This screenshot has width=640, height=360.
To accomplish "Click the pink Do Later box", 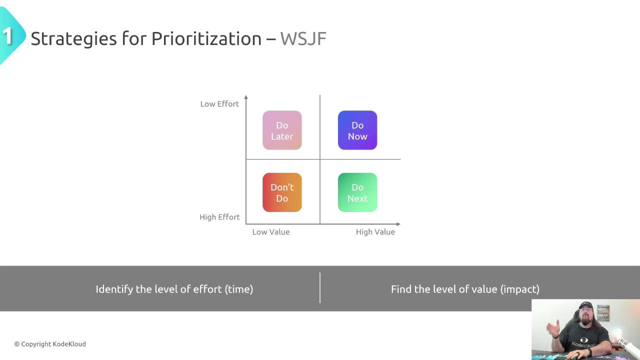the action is click(282, 130).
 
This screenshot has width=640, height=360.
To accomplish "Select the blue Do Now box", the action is click(357, 130).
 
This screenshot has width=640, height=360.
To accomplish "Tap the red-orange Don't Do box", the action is click(282, 192).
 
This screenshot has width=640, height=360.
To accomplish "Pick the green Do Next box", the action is click(357, 192).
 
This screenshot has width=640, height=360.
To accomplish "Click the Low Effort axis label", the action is click(219, 104).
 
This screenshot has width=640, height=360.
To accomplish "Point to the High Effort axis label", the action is click(219, 217).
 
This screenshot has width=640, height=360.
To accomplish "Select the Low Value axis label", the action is click(271, 232).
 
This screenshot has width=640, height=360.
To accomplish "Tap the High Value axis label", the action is click(375, 232).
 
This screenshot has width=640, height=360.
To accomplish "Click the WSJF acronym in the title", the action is click(303, 39).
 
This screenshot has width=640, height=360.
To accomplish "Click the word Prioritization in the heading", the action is click(206, 38).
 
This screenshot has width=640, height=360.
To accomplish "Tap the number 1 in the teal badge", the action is click(7, 36).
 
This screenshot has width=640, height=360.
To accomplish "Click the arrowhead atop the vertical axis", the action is click(246, 97).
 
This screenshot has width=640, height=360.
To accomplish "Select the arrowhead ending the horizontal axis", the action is click(398, 224).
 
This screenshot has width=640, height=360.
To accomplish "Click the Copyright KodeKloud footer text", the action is click(50, 344).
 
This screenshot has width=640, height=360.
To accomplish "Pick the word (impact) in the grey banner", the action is click(519, 289).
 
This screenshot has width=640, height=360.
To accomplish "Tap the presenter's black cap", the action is click(585, 305).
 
